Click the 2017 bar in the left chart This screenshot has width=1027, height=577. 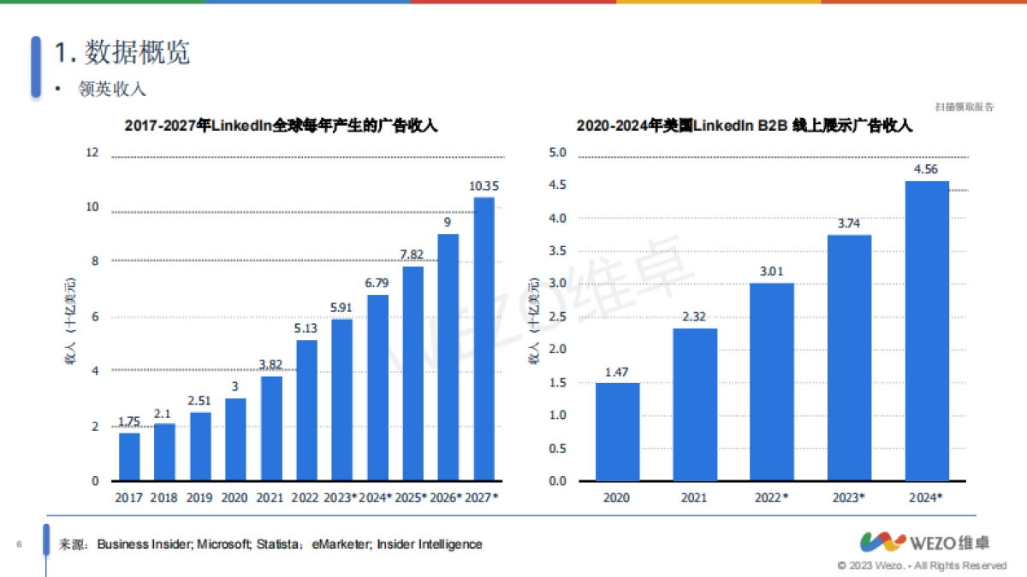tap(129, 456)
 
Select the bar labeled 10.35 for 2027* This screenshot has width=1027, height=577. tap(484, 339)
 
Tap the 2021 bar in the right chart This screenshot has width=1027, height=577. tap(694, 404)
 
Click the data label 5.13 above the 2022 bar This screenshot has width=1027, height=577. tap(307, 328)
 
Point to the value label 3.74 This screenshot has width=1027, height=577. tap(849, 222)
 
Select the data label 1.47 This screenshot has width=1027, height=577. tap(617, 371)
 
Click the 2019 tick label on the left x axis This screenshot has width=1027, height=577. tap(200, 497)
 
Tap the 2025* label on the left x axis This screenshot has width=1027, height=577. tap(413, 497)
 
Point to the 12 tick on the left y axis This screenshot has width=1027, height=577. tap(92, 153)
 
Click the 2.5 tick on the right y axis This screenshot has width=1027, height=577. tap(558, 317)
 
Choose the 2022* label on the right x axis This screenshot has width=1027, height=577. tap(772, 497)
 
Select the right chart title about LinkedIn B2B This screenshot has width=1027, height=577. tap(744, 126)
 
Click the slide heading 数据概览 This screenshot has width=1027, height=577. tap(122, 52)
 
